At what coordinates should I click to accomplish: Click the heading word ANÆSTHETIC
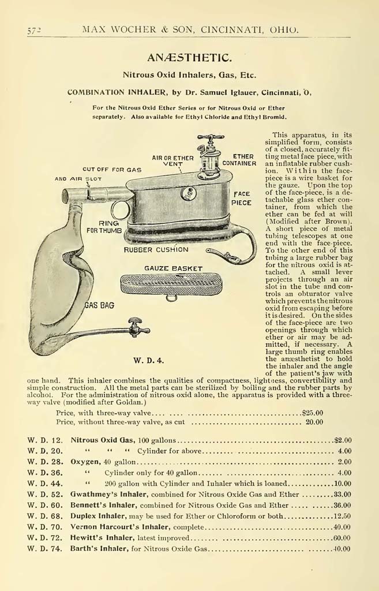point(189,57)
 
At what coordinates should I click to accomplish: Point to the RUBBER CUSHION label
point(156,250)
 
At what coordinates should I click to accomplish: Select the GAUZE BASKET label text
point(173,268)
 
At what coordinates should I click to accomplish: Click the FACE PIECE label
point(242,199)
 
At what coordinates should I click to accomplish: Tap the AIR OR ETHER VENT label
point(172,161)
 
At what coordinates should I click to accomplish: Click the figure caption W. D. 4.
point(149,361)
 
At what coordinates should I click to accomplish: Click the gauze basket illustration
point(171,285)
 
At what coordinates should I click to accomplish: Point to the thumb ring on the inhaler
point(121,210)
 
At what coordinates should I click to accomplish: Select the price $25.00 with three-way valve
point(312,413)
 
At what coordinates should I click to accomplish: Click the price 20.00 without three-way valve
point(314,422)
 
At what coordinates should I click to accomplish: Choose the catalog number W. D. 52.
point(44,495)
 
